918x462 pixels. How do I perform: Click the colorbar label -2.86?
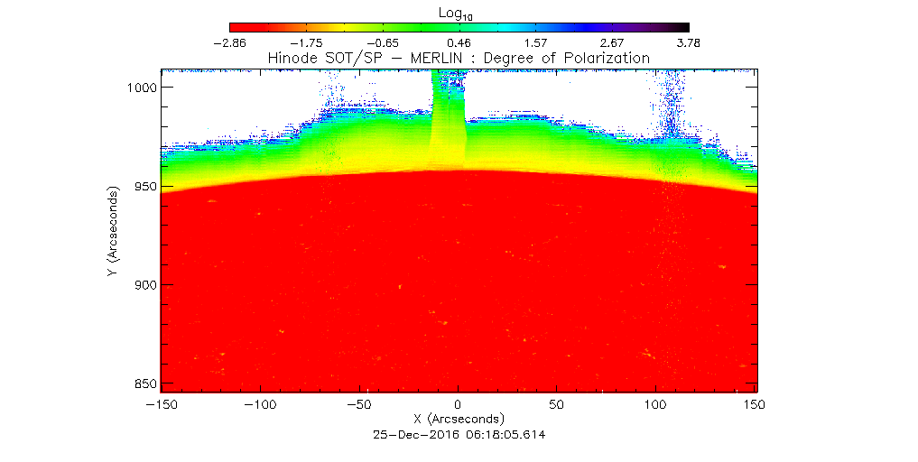pos(229,42)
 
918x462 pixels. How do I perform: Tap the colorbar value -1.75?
pos(307,42)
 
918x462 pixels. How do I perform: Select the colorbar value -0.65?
pos(383,42)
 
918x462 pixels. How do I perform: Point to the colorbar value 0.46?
pos(459,42)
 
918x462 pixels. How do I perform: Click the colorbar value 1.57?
pos(535,42)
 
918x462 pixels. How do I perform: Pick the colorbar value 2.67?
pos(611,42)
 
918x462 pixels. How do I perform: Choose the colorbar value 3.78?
pos(688,42)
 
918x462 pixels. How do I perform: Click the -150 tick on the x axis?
pos(162,405)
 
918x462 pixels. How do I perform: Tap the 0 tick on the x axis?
pos(459,405)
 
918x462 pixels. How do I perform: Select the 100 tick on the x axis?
pos(657,405)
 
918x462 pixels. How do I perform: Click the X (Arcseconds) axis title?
pos(459,420)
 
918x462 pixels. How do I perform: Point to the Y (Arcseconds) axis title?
pos(111,232)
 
